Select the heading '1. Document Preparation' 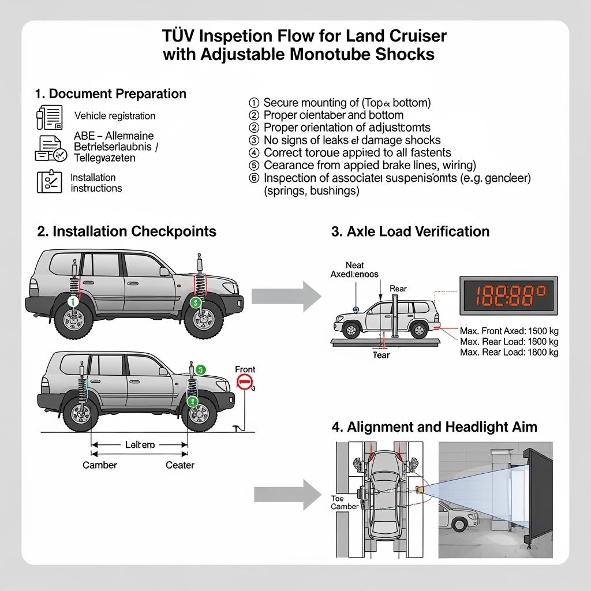pyautogui.click(x=110, y=93)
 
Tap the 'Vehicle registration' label pyautogui.click(x=115, y=116)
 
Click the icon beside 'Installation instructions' pyautogui.click(x=49, y=181)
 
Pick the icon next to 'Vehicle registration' pyautogui.click(x=50, y=117)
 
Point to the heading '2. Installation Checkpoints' pyautogui.click(x=126, y=231)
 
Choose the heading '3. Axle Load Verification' pyautogui.click(x=410, y=231)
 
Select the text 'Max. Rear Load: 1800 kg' pyautogui.click(x=509, y=352)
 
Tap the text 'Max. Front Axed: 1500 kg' pyautogui.click(x=509, y=331)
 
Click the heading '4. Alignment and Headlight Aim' pyautogui.click(x=434, y=427)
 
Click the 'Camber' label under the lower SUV pyautogui.click(x=100, y=465)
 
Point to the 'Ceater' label pyautogui.click(x=180, y=465)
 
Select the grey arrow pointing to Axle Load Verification pyautogui.click(x=286, y=296)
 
